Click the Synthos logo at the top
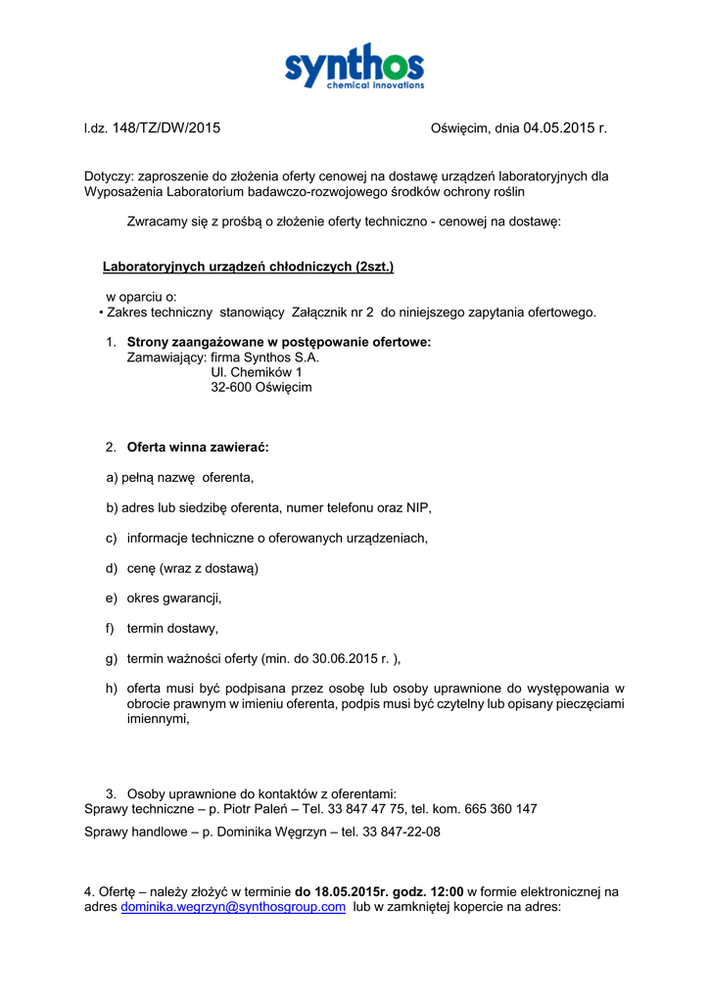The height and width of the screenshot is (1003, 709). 354,67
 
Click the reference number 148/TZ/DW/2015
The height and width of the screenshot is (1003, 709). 166,127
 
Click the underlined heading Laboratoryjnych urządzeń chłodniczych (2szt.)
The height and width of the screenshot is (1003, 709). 248,266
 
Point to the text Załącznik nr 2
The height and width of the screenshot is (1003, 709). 333,312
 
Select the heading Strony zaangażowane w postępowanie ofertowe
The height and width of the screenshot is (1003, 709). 278,342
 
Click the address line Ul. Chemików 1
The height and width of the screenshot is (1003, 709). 257,372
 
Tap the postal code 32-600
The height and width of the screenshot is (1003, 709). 231,388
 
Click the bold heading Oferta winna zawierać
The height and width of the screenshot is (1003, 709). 197,447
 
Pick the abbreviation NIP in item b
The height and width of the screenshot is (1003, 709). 418,507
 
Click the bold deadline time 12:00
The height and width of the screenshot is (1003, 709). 447,891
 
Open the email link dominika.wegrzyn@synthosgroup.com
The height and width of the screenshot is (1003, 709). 233,907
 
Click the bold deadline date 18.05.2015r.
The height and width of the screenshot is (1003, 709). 342,891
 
